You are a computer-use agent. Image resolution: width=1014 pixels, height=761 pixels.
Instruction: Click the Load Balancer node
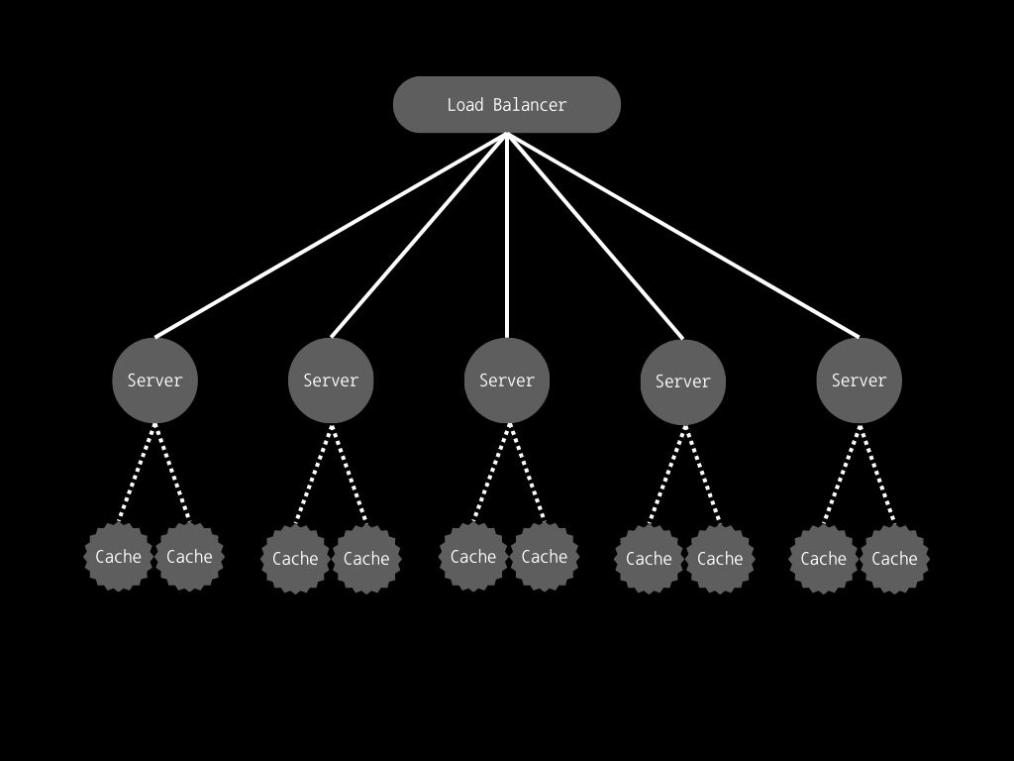(507, 105)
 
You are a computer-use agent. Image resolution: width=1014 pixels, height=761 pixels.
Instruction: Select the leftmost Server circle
(155, 380)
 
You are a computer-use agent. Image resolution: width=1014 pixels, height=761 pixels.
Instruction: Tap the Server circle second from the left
(331, 380)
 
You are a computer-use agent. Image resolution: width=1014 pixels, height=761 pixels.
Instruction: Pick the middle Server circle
(507, 380)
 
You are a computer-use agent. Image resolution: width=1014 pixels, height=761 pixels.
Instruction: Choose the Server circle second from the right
(683, 381)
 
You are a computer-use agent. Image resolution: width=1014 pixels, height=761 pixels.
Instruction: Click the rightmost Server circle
(859, 380)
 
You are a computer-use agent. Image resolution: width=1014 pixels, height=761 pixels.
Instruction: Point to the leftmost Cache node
(119, 557)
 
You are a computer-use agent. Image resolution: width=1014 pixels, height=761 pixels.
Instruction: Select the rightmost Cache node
(894, 559)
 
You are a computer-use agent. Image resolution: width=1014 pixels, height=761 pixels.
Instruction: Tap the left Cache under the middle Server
(473, 557)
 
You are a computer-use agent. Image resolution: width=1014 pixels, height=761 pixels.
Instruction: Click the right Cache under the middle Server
(545, 557)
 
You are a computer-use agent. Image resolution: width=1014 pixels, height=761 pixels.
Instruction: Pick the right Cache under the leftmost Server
(189, 557)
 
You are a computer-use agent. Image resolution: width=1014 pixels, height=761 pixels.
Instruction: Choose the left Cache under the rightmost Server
(823, 559)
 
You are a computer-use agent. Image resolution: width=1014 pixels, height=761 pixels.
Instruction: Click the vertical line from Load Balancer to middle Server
(507, 236)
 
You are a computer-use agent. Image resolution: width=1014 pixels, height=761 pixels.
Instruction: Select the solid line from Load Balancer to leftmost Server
(331, 236)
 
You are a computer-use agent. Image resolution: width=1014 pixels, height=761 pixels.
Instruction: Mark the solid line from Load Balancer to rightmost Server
(683, 236)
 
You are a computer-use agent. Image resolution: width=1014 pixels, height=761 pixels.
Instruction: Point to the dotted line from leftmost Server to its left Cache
(137, 473)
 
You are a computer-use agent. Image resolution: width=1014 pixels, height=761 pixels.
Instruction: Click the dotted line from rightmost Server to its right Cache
(877, 475)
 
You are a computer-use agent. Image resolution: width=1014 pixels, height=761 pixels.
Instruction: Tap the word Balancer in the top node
(530, 105)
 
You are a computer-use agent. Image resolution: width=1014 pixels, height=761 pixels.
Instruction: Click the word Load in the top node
(465, 105)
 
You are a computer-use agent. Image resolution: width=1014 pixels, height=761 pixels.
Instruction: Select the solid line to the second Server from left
(419, 236)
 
